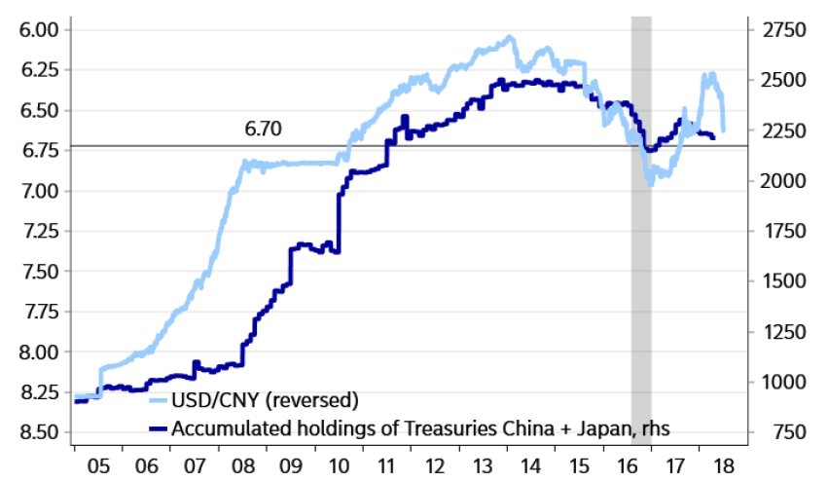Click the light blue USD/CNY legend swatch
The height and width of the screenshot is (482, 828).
coord(159,400)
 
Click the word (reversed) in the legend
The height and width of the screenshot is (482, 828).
coord(313,400)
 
